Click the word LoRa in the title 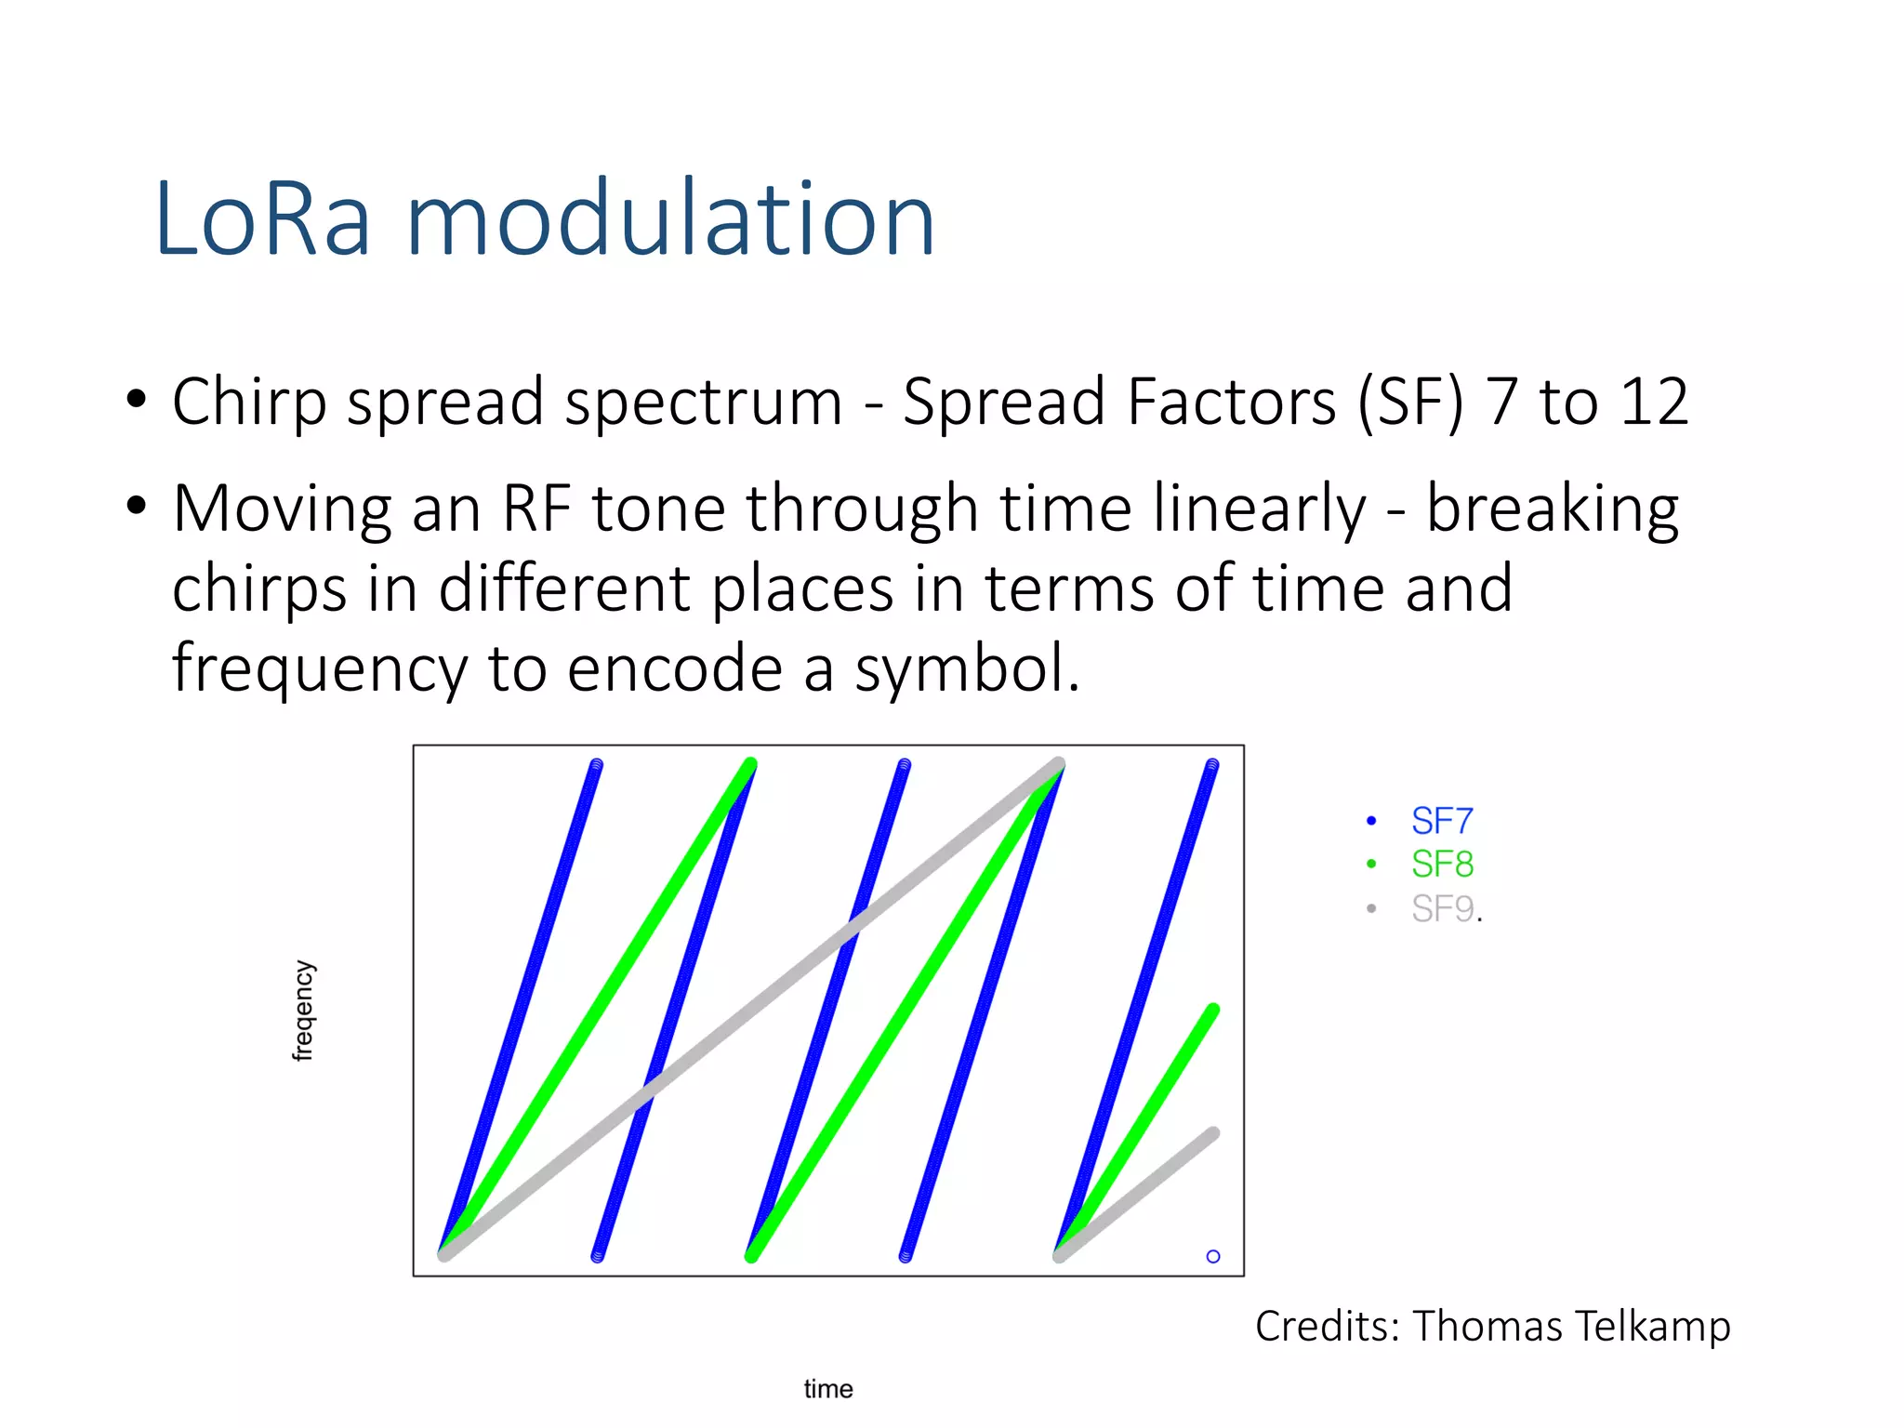pyautogui.click(x=263, y=219)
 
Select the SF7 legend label pyautogui.click(x=1442, y=821)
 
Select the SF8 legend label pyautogui.click(x=1442, y=865)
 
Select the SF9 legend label pyautogui.click(x=1442, y=908)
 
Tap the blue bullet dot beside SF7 pyautogui.click(x=1371, y=820)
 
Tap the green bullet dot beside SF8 pyautogui.click(x=1371, y=864)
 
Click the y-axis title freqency pyautogui.click(x=303, y=1011)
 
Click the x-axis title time pyautogui.click(x=828, y=1389)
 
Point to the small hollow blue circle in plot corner pyautogui.click(x=1213, y=1256)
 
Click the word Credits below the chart pyautogui.click(x=1328, y=1326)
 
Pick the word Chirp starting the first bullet pyautogui.click(x=249, y=403)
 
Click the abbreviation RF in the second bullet pyautogui.click(x=535, y=509)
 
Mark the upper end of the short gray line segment pyautogui.click(x=1213, y=1133)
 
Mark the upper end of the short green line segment pyautogui.click(x=1213, y=1010)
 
